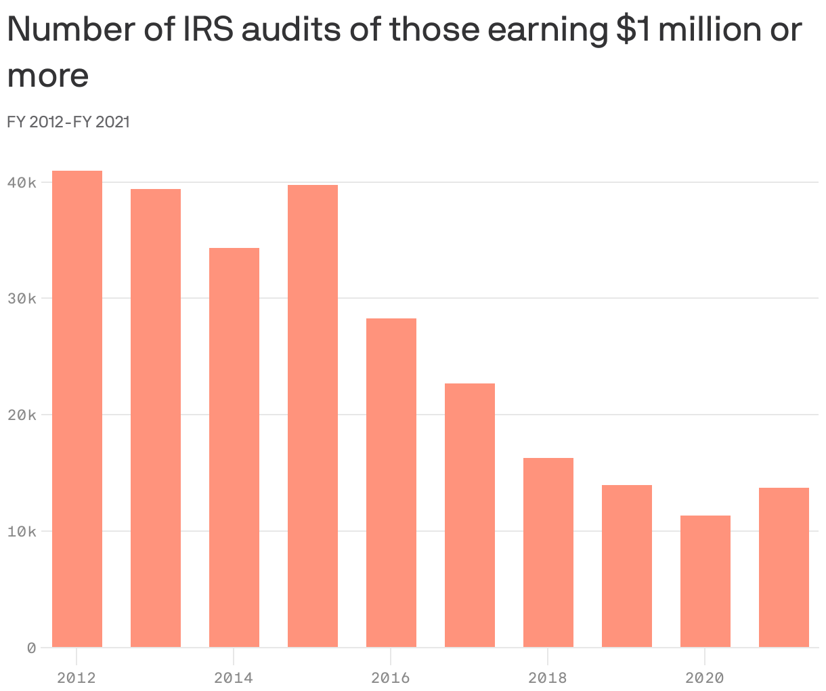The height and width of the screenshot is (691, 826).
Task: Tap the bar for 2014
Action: coord(234,447)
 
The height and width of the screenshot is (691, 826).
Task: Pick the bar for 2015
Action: coord(313,416)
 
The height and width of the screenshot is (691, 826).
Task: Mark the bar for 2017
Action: coord(470,515)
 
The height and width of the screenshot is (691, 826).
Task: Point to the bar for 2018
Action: coord(548,552)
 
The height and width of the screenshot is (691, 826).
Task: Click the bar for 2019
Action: coord(627,566)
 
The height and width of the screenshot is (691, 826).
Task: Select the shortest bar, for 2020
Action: coord(705,581)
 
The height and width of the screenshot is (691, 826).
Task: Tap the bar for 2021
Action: coord(784,567)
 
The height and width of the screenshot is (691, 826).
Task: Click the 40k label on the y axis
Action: coord(22,182)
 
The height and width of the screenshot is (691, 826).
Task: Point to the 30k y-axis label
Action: coord(22,299)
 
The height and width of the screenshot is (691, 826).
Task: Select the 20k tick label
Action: coord(22,415)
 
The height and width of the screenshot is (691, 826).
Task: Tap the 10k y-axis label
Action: coord(22,531)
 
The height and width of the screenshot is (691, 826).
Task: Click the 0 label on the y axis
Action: coord(31,648)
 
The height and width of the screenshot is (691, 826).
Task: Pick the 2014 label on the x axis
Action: coord(234,677)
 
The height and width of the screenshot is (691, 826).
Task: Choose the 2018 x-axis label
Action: coord(548,677)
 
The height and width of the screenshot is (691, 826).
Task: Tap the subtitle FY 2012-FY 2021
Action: coord(68,122)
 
